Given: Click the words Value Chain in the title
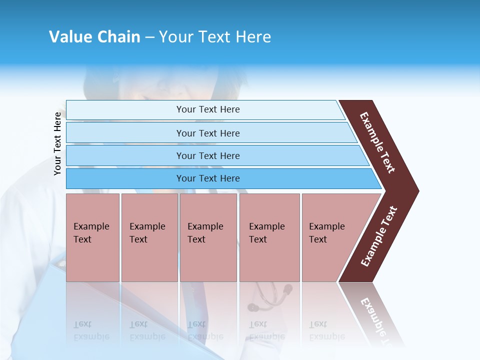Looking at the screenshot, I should pos(94,37).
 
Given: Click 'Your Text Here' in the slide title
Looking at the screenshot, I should pos(215,37).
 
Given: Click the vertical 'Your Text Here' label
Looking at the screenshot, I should pos(57,144).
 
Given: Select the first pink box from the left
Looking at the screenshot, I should pos(92,237).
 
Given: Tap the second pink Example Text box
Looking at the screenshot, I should pos(149,237).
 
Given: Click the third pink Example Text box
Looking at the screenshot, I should pos(208,237).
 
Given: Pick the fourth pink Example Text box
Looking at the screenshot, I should pos(269,237).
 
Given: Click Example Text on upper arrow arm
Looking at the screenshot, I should pos(378,142).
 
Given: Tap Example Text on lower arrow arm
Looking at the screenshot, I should pos(379,236).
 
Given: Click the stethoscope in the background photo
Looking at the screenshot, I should pos(270,296).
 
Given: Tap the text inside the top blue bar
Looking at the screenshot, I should pos(208,109).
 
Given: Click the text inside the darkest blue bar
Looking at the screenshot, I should pos(208,178).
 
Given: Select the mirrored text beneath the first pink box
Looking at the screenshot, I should pos(91,330).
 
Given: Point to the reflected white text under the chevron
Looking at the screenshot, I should pos(375,315).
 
